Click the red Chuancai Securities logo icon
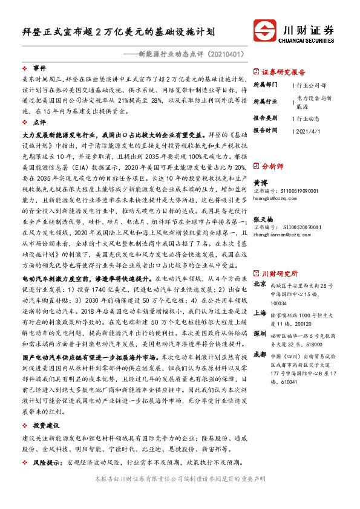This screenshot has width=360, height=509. coord(266,31)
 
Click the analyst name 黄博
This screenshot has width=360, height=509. coord(260,182)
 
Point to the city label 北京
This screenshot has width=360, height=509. coord(260,267)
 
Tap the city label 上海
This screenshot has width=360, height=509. coord(260,313)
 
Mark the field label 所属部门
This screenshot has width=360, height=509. coord(264,85)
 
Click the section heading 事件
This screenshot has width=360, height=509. coord(40,68)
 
